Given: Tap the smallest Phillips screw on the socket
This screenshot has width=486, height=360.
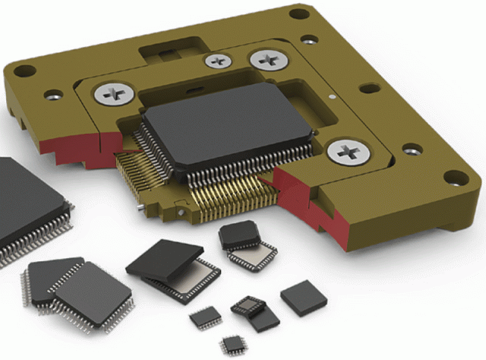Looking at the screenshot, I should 219,61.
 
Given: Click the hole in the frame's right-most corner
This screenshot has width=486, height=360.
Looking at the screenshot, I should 454,180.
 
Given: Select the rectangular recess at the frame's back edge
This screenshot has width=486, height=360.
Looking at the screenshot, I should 169,52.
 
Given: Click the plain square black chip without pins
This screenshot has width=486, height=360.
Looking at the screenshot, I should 303,298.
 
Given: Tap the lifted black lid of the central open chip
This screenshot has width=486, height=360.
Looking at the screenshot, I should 165,257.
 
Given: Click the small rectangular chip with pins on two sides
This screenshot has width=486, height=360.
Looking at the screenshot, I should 205,317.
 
